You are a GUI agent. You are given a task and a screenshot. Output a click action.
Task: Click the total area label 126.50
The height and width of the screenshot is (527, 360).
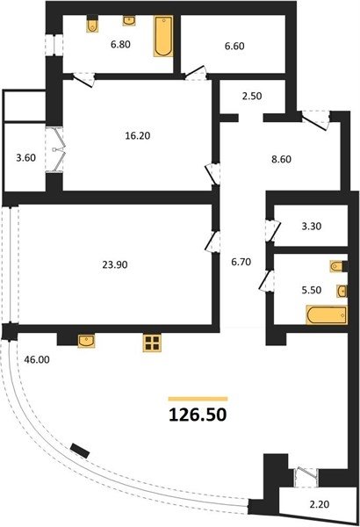(x=198, y=415)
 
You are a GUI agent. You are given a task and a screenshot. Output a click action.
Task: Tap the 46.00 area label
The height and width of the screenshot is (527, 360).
(x=37, y=359)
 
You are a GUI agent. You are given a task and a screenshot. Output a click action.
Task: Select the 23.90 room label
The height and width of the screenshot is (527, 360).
(x=115, y=265)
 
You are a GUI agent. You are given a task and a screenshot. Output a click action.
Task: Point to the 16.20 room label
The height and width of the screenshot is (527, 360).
(x=138, y=136)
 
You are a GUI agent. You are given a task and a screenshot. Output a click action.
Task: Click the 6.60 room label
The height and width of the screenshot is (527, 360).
(x=234, y=46)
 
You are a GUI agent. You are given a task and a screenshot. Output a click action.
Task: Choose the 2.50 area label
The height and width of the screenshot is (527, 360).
(x=252, y=96)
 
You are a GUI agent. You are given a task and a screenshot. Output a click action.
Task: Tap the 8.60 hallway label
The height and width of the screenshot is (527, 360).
(x=281, y=159)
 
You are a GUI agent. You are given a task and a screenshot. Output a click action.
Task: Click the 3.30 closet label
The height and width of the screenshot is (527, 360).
(x=312, y=227)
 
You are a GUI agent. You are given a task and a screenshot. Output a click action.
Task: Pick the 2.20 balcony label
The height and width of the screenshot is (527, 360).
(x=320, y=504)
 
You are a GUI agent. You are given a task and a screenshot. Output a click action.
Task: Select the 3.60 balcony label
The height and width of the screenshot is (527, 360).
(x=25, y=157)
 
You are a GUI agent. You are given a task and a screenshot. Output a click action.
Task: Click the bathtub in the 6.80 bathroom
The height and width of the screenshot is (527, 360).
(x=163, y=36)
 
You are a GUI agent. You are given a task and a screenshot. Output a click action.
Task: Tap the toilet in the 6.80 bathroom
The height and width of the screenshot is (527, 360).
(x=92, y=25)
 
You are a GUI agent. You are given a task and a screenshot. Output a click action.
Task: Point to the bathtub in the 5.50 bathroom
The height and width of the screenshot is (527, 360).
(x=327, y=315)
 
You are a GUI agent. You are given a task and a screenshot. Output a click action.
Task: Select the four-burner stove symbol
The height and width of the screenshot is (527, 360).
(x=152, y=343)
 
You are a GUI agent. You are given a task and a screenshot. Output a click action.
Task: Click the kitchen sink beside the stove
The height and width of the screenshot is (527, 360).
(x=86, y=341)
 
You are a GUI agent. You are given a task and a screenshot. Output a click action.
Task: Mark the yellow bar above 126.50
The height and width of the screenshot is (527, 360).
(x=198, y=399)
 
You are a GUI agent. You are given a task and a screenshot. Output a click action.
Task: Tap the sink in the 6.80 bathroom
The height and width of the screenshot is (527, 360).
(x=129, y=20)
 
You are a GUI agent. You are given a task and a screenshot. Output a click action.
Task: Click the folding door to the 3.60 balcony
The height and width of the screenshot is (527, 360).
(x=59, y=150)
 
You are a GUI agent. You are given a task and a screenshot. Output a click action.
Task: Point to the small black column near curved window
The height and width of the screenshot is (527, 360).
(x=80, y=451)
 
